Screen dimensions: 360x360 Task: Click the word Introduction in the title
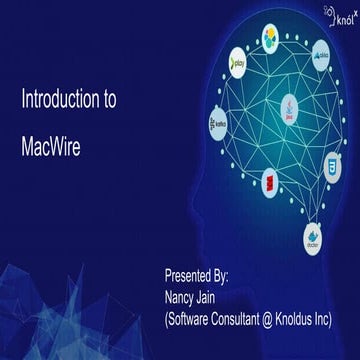click(x=62, y=101)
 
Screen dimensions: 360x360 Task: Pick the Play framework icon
click(x=239, y=57)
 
